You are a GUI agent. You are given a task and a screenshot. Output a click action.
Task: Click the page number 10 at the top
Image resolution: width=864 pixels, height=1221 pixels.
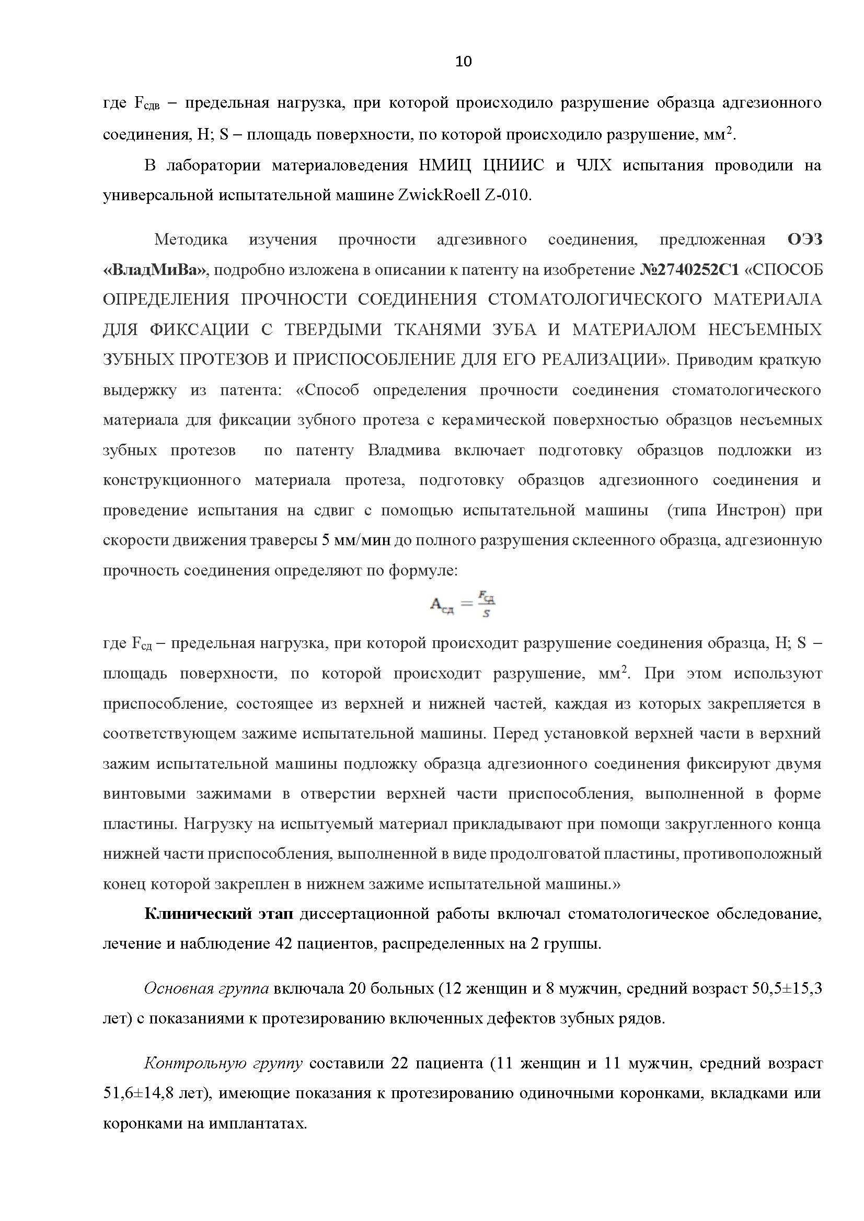tap(464, 62)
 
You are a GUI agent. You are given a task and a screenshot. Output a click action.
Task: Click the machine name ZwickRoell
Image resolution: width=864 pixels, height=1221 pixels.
tap(439, 195)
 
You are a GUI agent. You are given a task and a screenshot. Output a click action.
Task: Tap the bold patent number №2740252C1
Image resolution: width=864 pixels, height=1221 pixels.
tap(689, 270)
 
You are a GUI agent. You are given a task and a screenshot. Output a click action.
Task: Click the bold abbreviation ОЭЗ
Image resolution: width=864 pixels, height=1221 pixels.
tap(804, 239)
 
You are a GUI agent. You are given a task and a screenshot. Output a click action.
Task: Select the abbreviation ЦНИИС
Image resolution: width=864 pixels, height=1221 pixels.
tap(513, 166)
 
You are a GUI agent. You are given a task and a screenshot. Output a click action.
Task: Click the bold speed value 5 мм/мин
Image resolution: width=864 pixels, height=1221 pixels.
tap(356, 540)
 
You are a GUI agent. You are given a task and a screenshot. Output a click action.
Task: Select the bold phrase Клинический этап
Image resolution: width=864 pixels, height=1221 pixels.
tap(218, 914)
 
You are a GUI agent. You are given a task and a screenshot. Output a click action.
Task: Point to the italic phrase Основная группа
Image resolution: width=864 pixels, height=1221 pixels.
tap(206, 988)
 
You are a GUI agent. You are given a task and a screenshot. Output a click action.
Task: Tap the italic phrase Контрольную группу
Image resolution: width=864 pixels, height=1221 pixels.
tap(223, 1063)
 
